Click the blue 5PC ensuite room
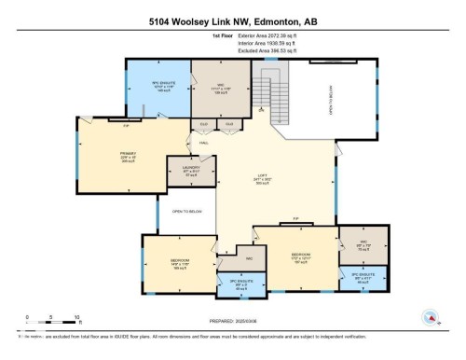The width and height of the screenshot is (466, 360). coord(158,88)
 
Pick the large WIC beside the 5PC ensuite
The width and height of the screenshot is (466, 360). coord(221,89)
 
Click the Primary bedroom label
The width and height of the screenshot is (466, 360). coord(128,156)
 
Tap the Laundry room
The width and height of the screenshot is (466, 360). coord(190,170)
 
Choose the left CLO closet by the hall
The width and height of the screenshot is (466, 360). coord(203,124)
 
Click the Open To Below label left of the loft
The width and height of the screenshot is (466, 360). coord(186,212)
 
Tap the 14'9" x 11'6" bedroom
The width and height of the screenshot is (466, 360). coord(180,261)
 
